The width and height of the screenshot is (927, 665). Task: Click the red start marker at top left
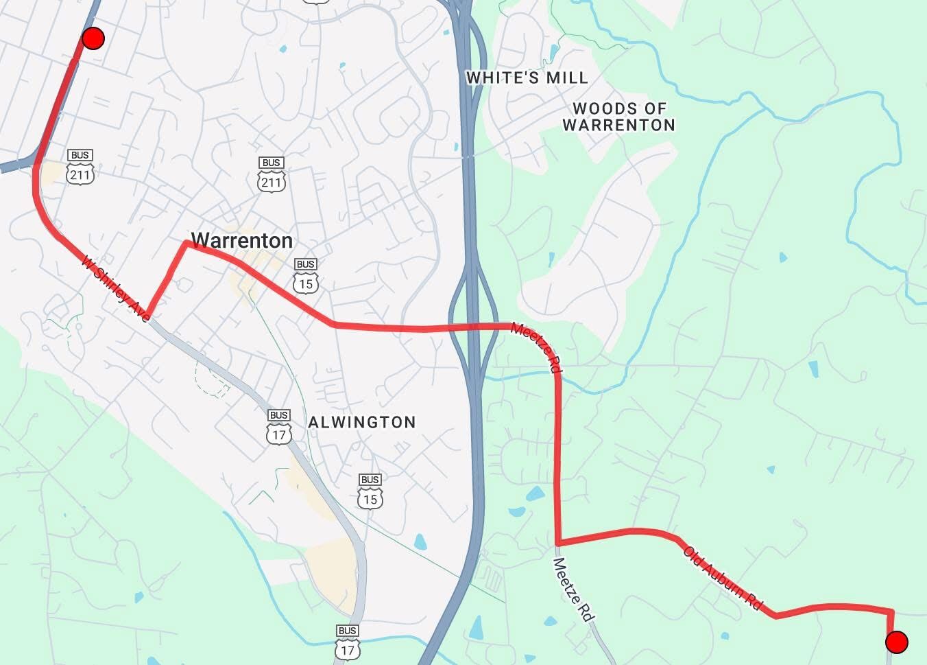click(x=93, y=38)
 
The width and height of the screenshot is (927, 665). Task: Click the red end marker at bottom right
click(x=897, y=642)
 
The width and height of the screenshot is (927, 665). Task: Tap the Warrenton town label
click(x=241, y=240)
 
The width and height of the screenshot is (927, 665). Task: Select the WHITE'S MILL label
click(x=527, y=78)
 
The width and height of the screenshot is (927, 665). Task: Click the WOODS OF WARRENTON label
click(x=619, y=117)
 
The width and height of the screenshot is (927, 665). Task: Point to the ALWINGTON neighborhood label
click(x=361, y=422)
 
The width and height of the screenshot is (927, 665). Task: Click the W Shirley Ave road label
click(x=115, y=289)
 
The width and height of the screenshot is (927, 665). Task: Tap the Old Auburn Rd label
click(x=723, y=579)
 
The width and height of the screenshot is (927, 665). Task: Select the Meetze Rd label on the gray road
click(x=572, y=590)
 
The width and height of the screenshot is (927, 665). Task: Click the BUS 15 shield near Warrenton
click(x=306, y=276)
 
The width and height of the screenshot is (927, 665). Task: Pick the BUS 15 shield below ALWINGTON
click(x=370, y=491)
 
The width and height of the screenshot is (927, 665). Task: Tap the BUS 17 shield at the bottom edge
click(x=348, y=642)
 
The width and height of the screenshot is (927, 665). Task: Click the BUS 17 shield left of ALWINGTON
click(x=279, y=428)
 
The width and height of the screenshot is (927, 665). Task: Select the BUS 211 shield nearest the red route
click(x=80, y=167)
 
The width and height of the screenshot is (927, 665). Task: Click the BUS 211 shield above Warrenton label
click(x=272, y=175)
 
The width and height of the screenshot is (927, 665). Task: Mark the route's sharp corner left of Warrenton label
click(x=186, y=243)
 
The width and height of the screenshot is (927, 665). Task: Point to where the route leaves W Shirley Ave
click(x=148, y=316)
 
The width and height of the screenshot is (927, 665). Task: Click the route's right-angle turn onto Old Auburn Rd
click(x=559, y=543)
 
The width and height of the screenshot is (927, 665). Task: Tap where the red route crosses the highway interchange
click(x=472, y=327)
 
